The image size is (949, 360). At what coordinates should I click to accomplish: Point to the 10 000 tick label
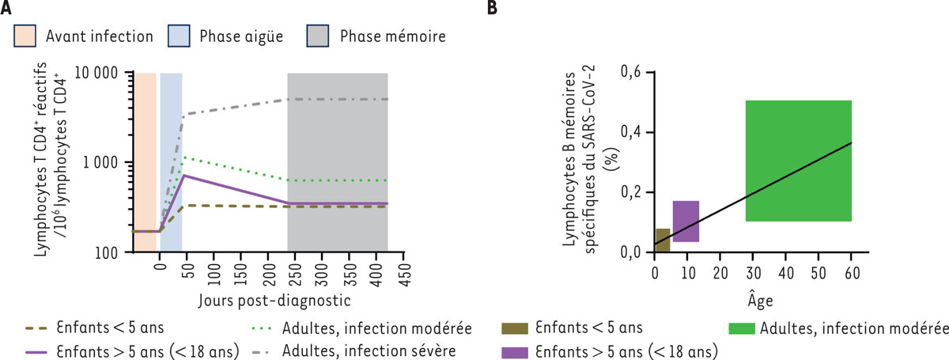(93, 73)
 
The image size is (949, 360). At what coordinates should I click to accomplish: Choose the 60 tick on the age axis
(851, 272)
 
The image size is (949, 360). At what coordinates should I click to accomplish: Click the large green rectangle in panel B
(798, 161)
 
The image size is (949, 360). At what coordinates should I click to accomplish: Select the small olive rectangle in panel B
(663, 240)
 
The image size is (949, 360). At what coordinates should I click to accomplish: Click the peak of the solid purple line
(183, 175)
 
